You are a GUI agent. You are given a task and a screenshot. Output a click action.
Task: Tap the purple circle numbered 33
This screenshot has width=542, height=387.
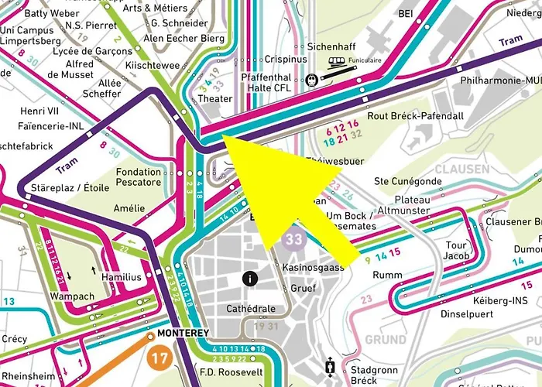click(x=293, y=239)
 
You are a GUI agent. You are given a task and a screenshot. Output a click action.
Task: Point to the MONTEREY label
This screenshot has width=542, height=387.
click(x=184, y=333)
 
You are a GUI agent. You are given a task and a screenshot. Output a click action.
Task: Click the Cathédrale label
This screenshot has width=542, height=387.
click(x=250, y=309)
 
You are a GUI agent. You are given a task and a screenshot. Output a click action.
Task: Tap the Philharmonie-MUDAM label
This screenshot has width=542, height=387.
click(x=499, y=80)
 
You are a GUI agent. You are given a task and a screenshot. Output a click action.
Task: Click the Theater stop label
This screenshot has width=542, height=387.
click(x=215, y=99)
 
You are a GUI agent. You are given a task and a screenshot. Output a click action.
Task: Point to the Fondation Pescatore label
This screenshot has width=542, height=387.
click(x=139, y=177)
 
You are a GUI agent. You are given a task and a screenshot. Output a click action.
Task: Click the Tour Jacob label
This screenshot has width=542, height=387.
click(x=456, y=251)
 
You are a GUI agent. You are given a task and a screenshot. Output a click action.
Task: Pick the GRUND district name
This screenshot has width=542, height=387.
click(x=386, y=340)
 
